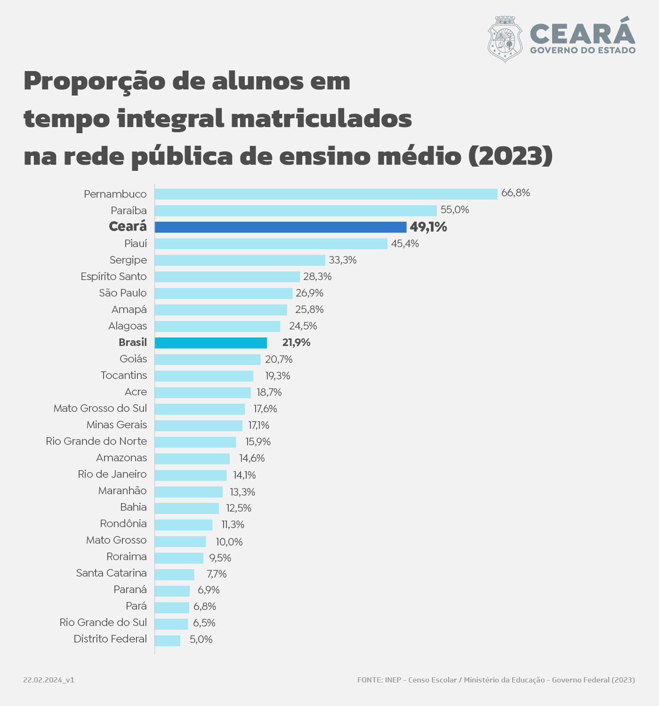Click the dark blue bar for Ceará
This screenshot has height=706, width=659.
tap(281, 227)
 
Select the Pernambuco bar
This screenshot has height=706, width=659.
tap(326, 194)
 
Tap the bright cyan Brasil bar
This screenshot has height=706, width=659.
tap(211, 343)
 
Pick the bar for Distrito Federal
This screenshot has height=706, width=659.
tap(168, 641)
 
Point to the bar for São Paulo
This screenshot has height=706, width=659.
tap(224, 293)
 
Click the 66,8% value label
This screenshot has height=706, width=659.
tap(515, 193)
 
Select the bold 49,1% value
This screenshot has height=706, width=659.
tap(428, 227)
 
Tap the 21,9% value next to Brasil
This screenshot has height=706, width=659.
tap(296, 343)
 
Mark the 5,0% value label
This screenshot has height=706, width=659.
tap(201, 640)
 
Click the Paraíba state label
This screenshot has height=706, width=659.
tap(129, 210)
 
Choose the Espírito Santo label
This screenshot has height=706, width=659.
tap(113, 277)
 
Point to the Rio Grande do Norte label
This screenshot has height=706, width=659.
tap(96, 441)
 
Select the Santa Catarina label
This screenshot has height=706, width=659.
tap(111, 573)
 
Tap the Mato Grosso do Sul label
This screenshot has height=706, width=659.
tap(100, 409)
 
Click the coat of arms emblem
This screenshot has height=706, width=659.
tap(505, 39)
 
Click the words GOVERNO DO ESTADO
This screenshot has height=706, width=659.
tap(583, 50)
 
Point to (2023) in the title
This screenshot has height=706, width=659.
tap(510, 156)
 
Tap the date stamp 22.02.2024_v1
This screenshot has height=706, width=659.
tap(48, 680)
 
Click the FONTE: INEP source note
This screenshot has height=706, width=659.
tap(496, 680)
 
